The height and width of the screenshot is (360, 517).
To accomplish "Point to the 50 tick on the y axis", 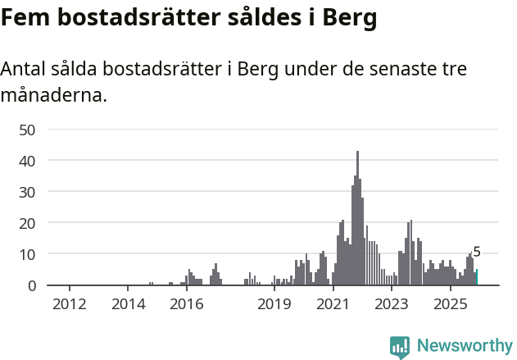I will [27, 130].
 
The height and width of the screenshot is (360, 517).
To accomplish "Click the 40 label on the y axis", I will [27, 161].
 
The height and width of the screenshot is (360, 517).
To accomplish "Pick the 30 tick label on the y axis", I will [27, 192].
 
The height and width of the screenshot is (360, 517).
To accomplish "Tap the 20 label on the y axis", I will [27, 223].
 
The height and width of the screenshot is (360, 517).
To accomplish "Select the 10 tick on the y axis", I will [27, 254].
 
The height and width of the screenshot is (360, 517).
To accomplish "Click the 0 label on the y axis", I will [32, 285].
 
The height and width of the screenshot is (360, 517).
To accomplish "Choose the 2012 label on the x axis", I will [70, 305].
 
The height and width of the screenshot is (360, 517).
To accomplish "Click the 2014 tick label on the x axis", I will [128, 305].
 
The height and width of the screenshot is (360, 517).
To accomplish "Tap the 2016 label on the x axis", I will [186, 305].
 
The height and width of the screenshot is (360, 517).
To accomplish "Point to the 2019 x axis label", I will [274, 305].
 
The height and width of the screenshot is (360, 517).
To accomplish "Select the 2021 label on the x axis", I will [333, 305].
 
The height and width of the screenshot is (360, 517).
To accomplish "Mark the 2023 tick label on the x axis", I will [391, 305].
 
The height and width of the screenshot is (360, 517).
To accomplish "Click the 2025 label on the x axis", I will [449, 305].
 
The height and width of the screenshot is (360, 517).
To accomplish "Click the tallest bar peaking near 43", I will [357, 218].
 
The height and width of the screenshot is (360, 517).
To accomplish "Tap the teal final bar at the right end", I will [477, 277].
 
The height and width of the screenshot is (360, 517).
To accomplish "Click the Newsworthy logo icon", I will [400, 347].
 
